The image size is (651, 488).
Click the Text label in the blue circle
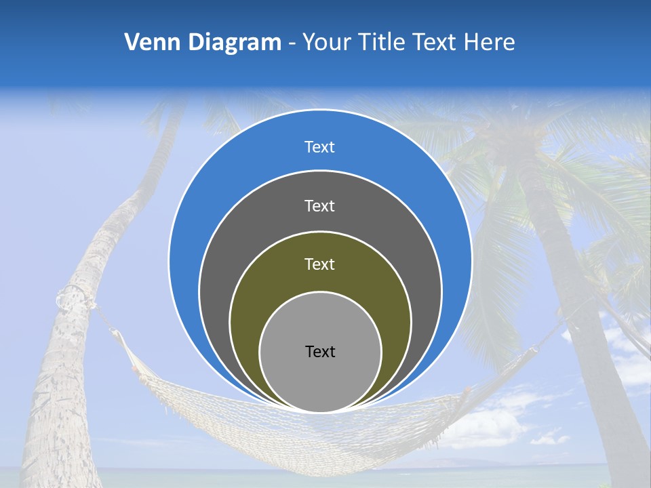click(320, 147)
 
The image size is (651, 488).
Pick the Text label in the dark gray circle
click(320, 205)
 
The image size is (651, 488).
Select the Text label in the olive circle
click(320, 264)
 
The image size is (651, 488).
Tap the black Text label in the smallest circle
click(320, 352)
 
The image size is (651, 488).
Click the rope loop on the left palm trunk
click(72, 298)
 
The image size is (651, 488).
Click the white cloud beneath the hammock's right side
click(488, 427)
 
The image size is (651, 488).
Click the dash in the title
click(292, 43)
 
